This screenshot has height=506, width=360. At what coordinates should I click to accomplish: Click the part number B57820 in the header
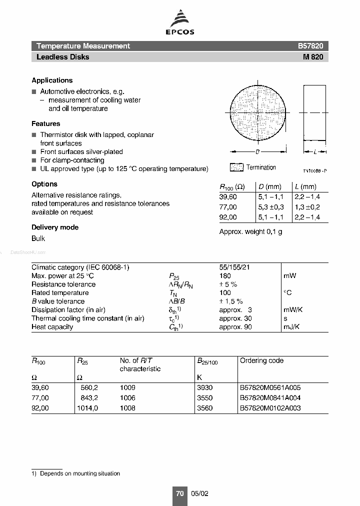[x=310, y=46]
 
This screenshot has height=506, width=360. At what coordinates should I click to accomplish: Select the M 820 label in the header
[x=313, y=57]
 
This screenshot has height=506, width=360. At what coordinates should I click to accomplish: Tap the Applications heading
[x=52, y=80]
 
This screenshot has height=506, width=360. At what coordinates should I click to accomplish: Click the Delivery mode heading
[x=55, y=227]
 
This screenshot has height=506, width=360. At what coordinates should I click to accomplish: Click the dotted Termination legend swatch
[x=236, y=167]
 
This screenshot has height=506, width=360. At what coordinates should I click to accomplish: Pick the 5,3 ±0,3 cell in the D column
[x=271, y=207]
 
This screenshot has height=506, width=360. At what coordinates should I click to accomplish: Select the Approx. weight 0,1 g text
[x=250, y=232]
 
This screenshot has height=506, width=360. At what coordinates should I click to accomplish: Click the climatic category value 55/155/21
[x=234, y=267]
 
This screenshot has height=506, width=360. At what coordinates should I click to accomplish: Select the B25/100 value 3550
[x=205, y=397]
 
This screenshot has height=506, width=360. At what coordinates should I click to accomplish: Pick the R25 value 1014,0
[x=87, y=407]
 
